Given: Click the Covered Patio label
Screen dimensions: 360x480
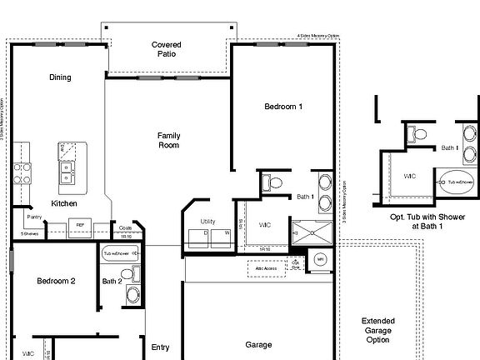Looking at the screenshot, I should tap(167, 50).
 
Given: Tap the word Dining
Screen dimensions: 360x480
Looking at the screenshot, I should tap(60, 77).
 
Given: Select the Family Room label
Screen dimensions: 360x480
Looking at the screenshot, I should tap(169, 140).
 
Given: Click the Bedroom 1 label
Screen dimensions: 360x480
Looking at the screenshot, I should tap(283, 107).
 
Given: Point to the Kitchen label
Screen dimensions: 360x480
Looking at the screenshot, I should tap(64, 203).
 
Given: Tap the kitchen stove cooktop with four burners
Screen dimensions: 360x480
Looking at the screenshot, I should tap(22, 172).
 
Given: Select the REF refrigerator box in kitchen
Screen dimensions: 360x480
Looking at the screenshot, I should tap(81, 225).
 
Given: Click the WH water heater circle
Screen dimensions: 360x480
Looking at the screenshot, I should tap(320, 262).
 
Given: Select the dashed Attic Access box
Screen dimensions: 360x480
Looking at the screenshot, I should tap(267, 268).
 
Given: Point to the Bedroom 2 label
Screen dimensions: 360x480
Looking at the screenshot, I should tap(56, 282).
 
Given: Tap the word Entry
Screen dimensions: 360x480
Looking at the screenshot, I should tap(161, 347).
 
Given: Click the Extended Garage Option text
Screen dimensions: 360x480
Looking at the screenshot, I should tap(377, 330).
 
